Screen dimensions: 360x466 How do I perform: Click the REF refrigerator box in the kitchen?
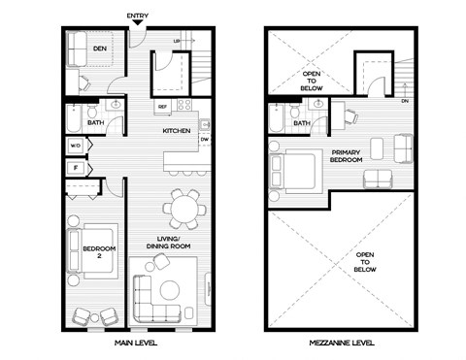click(x=163, y=106)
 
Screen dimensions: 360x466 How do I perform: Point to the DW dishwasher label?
click(x=204, y=140)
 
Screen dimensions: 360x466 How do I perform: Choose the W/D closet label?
click(x=75, y=147)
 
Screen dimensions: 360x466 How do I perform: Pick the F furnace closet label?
click(x=75, y=168)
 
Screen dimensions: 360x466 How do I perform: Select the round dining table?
click(x=184, y=207)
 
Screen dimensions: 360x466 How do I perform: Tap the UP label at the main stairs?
click(x=176, y=42)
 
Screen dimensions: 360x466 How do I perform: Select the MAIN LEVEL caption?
click(x=137, y=342)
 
